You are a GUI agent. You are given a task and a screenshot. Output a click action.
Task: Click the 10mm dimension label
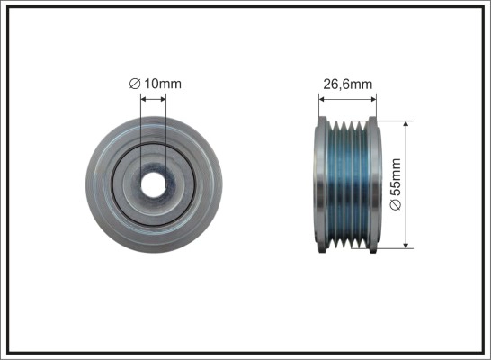click(163, 84)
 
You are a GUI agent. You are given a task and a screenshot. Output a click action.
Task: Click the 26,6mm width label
click(348, 85)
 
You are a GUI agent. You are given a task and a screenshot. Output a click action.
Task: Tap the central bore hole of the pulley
click(153, 184)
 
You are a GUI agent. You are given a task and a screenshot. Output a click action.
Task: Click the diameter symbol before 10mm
click(135, 84)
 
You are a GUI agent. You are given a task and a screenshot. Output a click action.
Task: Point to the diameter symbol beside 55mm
click(396, 205)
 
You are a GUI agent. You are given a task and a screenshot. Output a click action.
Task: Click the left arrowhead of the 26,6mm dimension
click(322, 99)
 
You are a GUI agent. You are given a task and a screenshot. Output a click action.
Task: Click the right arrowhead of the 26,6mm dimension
click(372, 99)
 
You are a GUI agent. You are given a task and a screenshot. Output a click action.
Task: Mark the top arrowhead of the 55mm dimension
click(406, 124)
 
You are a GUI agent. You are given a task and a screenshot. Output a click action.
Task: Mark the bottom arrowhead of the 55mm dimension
click(406, 245)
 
